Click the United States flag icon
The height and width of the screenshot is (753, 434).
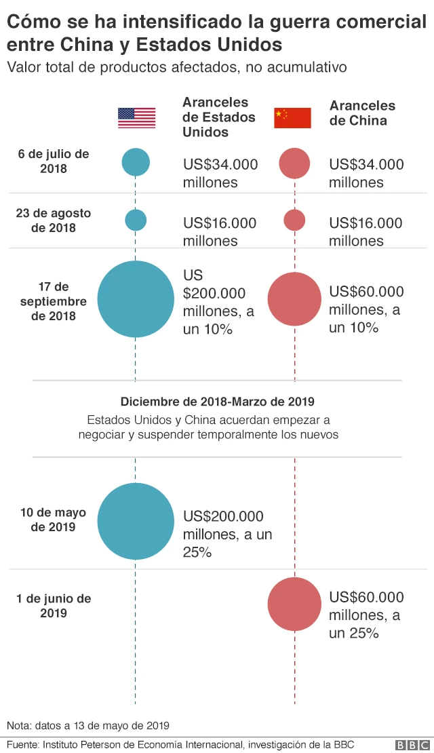(x=136, y=118)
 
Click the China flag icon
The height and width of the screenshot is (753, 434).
(x=292, y=118)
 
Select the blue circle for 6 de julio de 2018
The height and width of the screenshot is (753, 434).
(x=136, y=162)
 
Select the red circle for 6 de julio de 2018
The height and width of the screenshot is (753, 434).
(x=294, y=163)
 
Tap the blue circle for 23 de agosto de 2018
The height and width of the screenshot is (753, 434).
(x=136, y=220)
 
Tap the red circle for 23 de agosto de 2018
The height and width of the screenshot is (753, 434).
(x=294, y=220)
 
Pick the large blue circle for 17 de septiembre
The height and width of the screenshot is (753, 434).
(x=136, y=299)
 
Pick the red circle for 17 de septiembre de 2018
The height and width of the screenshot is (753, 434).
(x=294, y=299)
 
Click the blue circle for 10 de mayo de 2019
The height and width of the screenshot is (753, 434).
(x=136, y=521)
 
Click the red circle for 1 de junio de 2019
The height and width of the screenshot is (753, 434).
(x=294, y=604)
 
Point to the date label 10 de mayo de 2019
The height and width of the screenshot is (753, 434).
(x=53, y=520)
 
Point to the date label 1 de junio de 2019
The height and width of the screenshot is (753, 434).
(x=53, y=606)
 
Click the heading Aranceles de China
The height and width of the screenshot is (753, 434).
(x=362, y=113)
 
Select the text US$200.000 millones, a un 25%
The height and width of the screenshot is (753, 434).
(x=226, y=535)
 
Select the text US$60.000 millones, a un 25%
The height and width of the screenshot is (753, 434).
(x=366, y=615)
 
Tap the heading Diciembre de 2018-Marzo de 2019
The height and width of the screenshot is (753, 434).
(x=217, y=402)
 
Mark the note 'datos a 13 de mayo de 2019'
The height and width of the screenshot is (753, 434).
(x=88, y=724)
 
